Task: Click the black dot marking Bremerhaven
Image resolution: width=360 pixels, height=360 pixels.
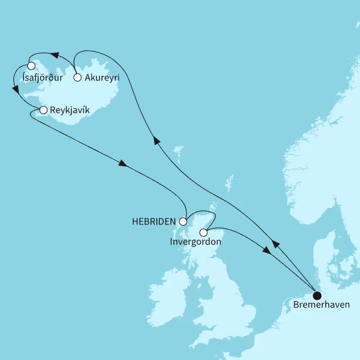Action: pos(317,295)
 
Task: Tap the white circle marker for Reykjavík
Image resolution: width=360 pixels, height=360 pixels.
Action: pos(43,110)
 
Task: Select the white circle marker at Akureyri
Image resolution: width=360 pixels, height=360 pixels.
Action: pos(78,78)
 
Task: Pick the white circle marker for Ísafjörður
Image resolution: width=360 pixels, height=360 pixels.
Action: pos(24,66)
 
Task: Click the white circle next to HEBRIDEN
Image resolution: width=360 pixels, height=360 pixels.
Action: pos(183,221)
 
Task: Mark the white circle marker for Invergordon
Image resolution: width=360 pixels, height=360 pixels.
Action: pos(204,232)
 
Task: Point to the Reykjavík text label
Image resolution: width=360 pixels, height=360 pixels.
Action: pos(70,110)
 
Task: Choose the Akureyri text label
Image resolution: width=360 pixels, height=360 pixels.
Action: pos(102,78)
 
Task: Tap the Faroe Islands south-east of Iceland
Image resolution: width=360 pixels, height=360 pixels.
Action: pos(178,151)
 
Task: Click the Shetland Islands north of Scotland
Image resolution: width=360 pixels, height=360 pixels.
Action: pos(229,183)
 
